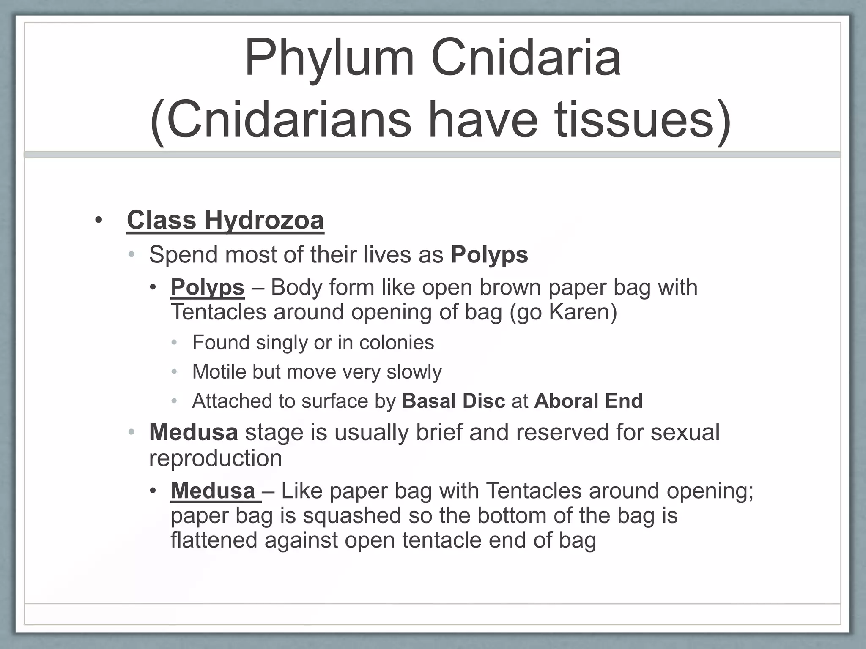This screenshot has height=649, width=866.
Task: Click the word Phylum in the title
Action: (x=329, y=58)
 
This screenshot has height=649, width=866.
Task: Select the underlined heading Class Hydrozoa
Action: (x=225, y=220)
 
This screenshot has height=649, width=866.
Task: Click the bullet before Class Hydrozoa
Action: (x=99, y=221)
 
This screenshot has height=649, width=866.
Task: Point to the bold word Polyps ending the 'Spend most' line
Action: (x=489, y=255)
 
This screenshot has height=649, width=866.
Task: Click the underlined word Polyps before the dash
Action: (x=207, y=288)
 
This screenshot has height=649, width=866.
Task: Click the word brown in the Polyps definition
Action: (x=510, y=288)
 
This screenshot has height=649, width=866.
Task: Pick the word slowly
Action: (x=414, y=372)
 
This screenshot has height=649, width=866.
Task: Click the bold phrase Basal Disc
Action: (x=453, y=401)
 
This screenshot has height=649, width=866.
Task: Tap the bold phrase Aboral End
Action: (x=588, y=401)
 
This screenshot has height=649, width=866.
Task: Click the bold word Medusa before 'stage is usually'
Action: (x=193, y=433)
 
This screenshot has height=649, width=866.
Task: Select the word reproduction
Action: (x=215, y=458)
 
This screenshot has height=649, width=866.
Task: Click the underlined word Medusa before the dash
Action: (x=213, y=491)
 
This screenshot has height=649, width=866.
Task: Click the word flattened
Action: (x=214, y=540)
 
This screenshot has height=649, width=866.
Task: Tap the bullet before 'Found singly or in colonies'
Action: (x=175, y=343)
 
